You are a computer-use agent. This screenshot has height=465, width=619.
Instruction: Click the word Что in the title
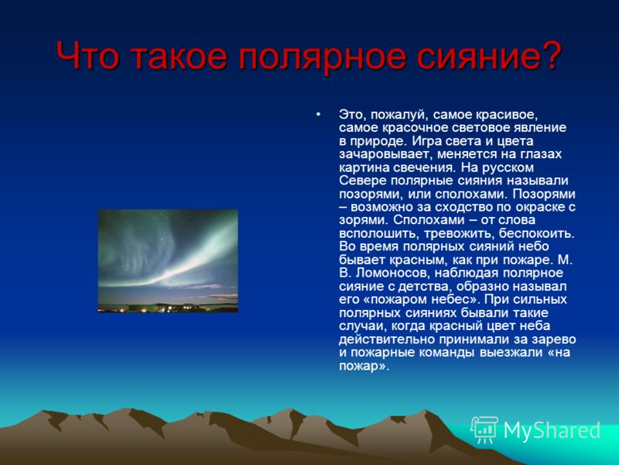pyautogui.click(x=87, y=55)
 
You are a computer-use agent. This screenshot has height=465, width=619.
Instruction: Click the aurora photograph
pyautogui.click(x=168, y=261)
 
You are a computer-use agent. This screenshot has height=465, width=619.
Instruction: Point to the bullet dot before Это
pyautogui.click(x=318, y=114)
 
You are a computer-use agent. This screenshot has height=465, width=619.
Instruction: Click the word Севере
pyautogui.click(x=362, y=181)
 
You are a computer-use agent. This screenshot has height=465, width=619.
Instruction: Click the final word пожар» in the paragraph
pyautogui.click(x=364, y=366)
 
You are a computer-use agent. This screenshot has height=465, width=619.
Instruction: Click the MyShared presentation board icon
pyautogui.click(x=484, y=429)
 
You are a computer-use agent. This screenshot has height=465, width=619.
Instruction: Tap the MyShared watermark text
pyautogui.click(x=552, y=430)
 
